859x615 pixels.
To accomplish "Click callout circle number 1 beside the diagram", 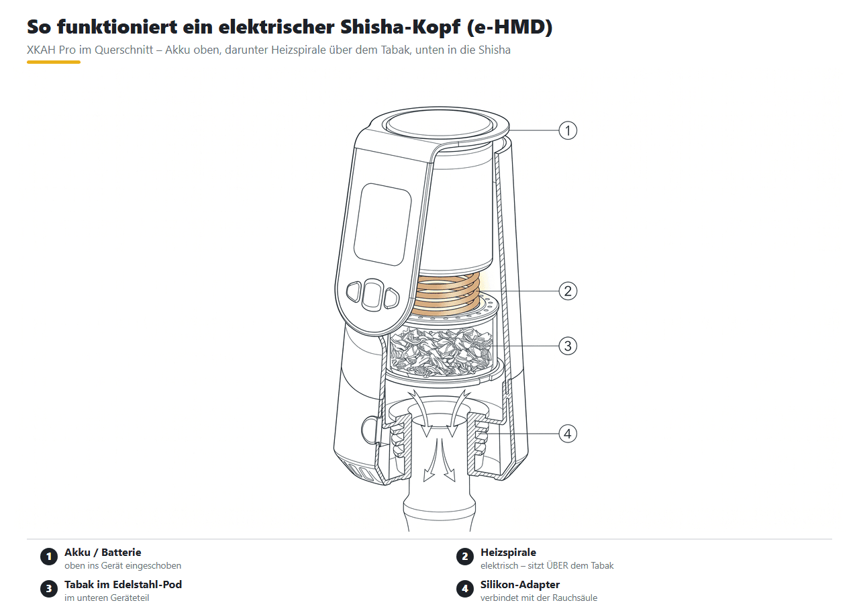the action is click(x=568, y=130).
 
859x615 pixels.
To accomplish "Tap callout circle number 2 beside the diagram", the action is click(x=568, y=291).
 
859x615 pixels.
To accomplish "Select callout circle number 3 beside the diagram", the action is click(x=568, y=346).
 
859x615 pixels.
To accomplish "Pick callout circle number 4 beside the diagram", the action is click(x=568, y=434).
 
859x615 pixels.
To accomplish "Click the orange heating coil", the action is click(x=447, y=295).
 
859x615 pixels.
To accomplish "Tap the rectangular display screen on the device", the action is click(x=382, y=224).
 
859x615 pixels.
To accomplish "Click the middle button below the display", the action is click(x=372, y=295).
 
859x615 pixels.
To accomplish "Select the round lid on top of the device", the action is click(x=440, y=124).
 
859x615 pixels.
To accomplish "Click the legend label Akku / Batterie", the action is click(x=103, y=553).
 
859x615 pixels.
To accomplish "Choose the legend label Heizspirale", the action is click(x=508, y=553).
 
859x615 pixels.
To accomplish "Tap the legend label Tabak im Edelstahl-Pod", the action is click(x=123, y=585).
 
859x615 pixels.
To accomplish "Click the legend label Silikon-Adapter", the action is click(x=520, y=585).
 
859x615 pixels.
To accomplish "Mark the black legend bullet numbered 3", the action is click(x=49, y=589).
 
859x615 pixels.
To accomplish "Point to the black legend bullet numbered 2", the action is click(x=465, y=557).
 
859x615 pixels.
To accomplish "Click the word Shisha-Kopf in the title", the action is click(x=400, y=27).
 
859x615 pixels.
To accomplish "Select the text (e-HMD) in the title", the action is click(x=509, y=27).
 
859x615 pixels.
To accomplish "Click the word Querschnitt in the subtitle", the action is click(x=124, y=50).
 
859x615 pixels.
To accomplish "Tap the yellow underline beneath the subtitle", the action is click(x=54, y=62).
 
